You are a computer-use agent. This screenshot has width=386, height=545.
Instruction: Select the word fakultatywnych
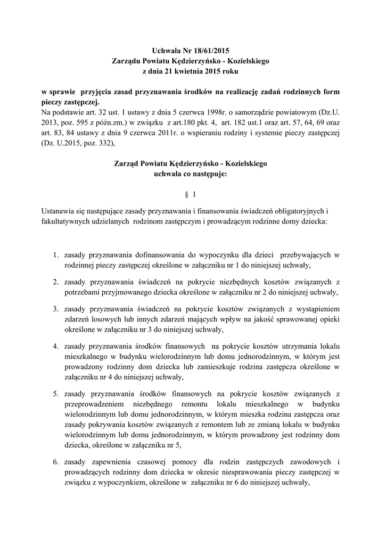pos(67,220)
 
